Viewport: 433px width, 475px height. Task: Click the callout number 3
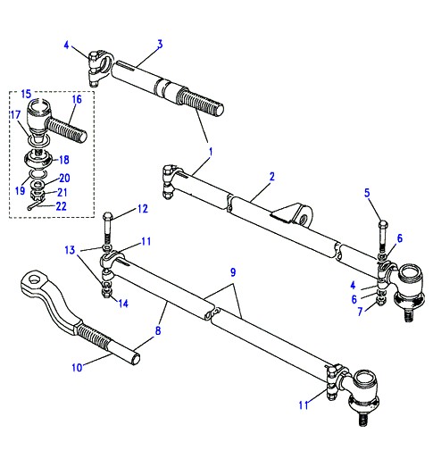click(160, 45)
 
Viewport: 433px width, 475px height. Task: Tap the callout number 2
click(271, 177)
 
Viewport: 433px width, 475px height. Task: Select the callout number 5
click(367, 193)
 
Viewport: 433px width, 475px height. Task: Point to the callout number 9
click(233, 272)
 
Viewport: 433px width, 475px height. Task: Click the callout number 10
click(77, 368)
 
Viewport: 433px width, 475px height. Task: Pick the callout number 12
click(143, 209)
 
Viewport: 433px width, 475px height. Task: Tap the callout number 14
click(123, 304)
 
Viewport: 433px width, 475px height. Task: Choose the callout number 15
click(26, 94)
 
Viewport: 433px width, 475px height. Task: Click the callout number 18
click(64, 160)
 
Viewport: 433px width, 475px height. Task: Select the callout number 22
click(62, 206)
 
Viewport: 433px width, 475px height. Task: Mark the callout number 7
click(360, 311)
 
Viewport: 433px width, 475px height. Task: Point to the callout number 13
click(70, 250)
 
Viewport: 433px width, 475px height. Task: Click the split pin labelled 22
click(36, 205)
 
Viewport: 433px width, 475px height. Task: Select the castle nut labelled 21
click(38, 193)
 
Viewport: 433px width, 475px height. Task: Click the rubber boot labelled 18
click(38, 159)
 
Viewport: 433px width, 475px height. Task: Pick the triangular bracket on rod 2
click(291, 214)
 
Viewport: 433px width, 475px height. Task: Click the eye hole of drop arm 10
click(36, 278)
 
